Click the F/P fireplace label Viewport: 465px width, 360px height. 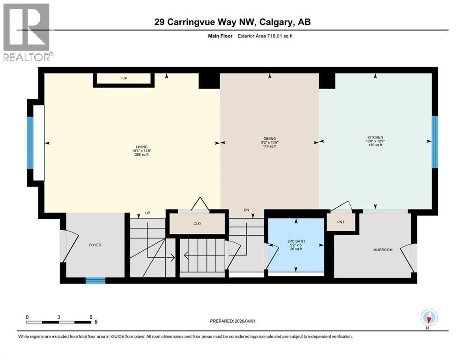(x=124, y=78)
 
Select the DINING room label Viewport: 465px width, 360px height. (x=269, y=139)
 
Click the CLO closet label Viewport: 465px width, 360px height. (x=197, y=224)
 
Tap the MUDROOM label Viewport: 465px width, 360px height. (x=383, y=250)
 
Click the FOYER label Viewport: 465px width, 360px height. (x=95, y=245)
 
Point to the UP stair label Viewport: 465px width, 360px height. (x=147, y=213)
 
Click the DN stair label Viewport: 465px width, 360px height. (x=246, y=210)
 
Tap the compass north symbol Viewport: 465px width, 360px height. (x=429, y=318)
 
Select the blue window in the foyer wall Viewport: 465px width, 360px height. (x=95, y=280)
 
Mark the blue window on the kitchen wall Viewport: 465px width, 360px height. (x=435, y=142)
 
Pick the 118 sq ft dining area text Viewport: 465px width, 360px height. (x=269, y=146)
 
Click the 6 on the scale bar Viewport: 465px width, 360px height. (x=90, y=317)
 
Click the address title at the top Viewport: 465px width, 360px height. (x=232, y=22)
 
